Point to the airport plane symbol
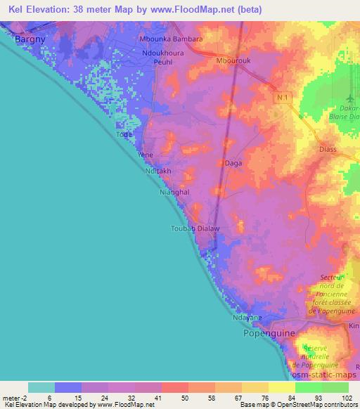352,95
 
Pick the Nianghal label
175,191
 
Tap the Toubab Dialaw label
195,228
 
